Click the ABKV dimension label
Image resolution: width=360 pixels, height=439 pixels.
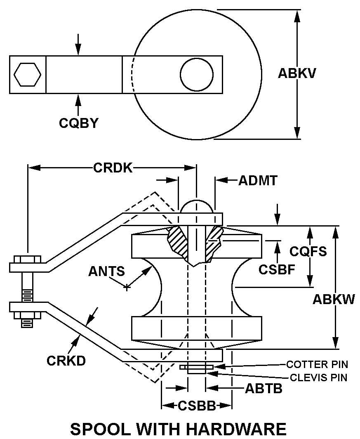(297, 73)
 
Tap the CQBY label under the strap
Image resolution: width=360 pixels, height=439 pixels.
(79, 123)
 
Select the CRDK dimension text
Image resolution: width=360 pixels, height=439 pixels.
(113, 168)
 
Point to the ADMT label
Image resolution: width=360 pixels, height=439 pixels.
(258, 180)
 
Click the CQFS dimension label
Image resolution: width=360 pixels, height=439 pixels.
(308, 251)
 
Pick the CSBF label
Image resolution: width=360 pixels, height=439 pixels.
(277, 269)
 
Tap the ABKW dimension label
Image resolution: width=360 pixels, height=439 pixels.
(333, 299)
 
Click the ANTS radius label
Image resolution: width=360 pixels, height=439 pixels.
(106, 271)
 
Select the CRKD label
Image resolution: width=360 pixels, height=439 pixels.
(66, 360)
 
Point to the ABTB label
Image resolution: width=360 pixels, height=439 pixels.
(264, 388)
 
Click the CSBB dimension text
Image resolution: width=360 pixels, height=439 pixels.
(197, 406)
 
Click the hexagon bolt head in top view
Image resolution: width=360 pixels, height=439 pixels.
(27, 74)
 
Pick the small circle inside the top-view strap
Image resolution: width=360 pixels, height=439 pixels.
(196, 74)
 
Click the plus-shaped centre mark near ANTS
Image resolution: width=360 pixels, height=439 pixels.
(127, 287)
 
